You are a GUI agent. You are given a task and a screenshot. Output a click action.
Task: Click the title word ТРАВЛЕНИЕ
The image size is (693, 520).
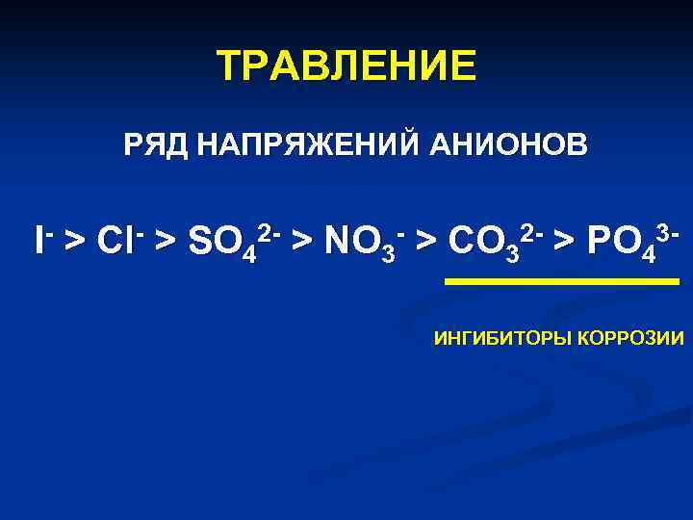(x=346, y=66)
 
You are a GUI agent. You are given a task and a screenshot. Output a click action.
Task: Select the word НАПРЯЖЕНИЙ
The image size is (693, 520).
(x=307, y=146)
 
